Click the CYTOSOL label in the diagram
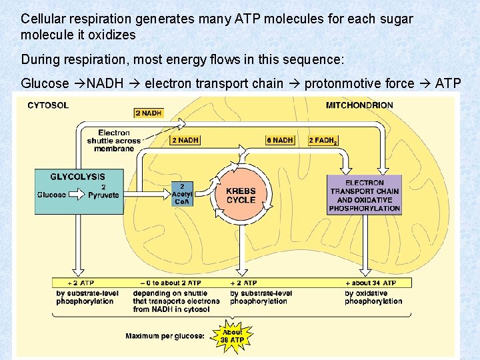pos(48,105)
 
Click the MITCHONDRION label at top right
pos(359,105)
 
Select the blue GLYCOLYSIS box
pos(79,191)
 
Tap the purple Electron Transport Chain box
pos(365,195)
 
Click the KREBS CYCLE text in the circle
pos(241,195)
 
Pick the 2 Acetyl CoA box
pos(182,194)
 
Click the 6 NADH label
pos(280,141)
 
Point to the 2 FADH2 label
pos(323,141)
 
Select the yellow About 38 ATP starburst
pos(233,336)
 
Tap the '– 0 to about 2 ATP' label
pos(165,283)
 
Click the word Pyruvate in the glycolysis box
pos(103,195)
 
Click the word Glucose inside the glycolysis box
pos(52,195)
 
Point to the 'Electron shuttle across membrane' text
pos(114,141)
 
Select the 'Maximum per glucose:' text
pos(165,335)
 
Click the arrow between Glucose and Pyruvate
pos(77,195)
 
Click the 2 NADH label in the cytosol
pos(148,113)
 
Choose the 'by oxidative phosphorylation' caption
pos(373,297)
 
